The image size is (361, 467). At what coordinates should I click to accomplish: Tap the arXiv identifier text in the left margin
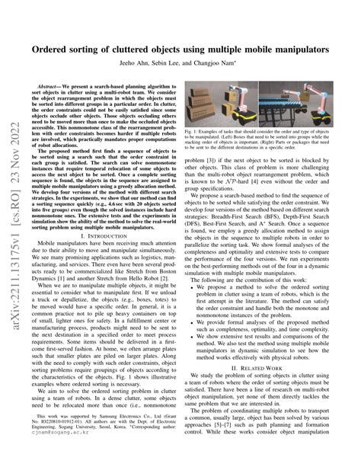[x=11, y=229]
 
